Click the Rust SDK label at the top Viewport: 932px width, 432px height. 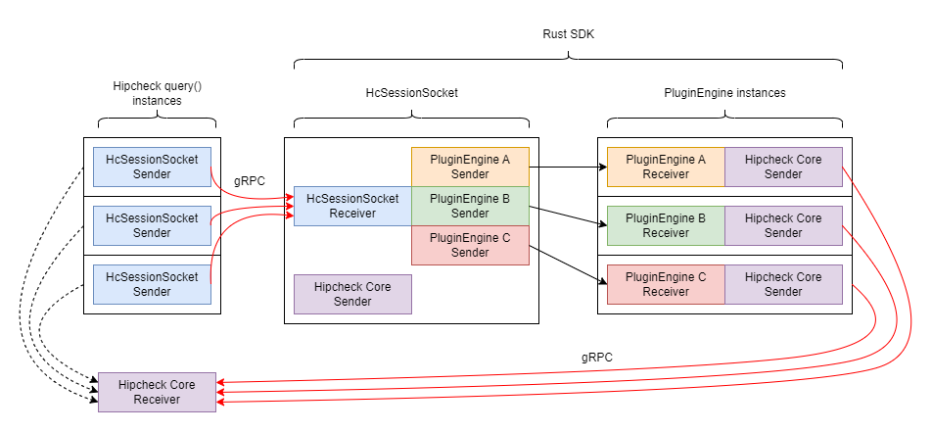tap(569, 33)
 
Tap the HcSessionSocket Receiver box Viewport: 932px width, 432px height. tap(352, 206)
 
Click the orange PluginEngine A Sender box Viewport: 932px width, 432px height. tap(470, 167)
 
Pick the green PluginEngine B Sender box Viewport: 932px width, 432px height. tap(470, 206)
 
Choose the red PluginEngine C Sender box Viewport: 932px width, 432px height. tap(470, 245)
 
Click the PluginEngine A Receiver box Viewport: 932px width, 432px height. tap(666, 167)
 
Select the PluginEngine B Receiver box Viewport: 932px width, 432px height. tap(666, 225)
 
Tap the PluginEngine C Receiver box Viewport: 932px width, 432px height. tap(666, 284)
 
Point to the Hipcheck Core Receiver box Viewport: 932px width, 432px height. tap(157, 392)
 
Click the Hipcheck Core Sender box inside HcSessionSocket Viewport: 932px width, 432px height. tap(352, 294)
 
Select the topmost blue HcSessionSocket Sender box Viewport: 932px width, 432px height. tap(152, 167)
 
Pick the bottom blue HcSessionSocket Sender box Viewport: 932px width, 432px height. tap(152, 284)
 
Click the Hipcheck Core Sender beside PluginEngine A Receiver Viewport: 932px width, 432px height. tap(783, 167)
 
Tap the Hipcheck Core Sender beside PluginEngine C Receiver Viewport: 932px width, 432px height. tap(783, 284)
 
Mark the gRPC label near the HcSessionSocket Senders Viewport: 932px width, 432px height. tap(251, 181)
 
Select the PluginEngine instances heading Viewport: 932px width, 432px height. tap(724, 93)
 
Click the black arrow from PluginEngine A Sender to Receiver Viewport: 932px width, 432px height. tap(563, 167)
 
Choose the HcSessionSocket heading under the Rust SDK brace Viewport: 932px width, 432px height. tap(411, 93)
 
